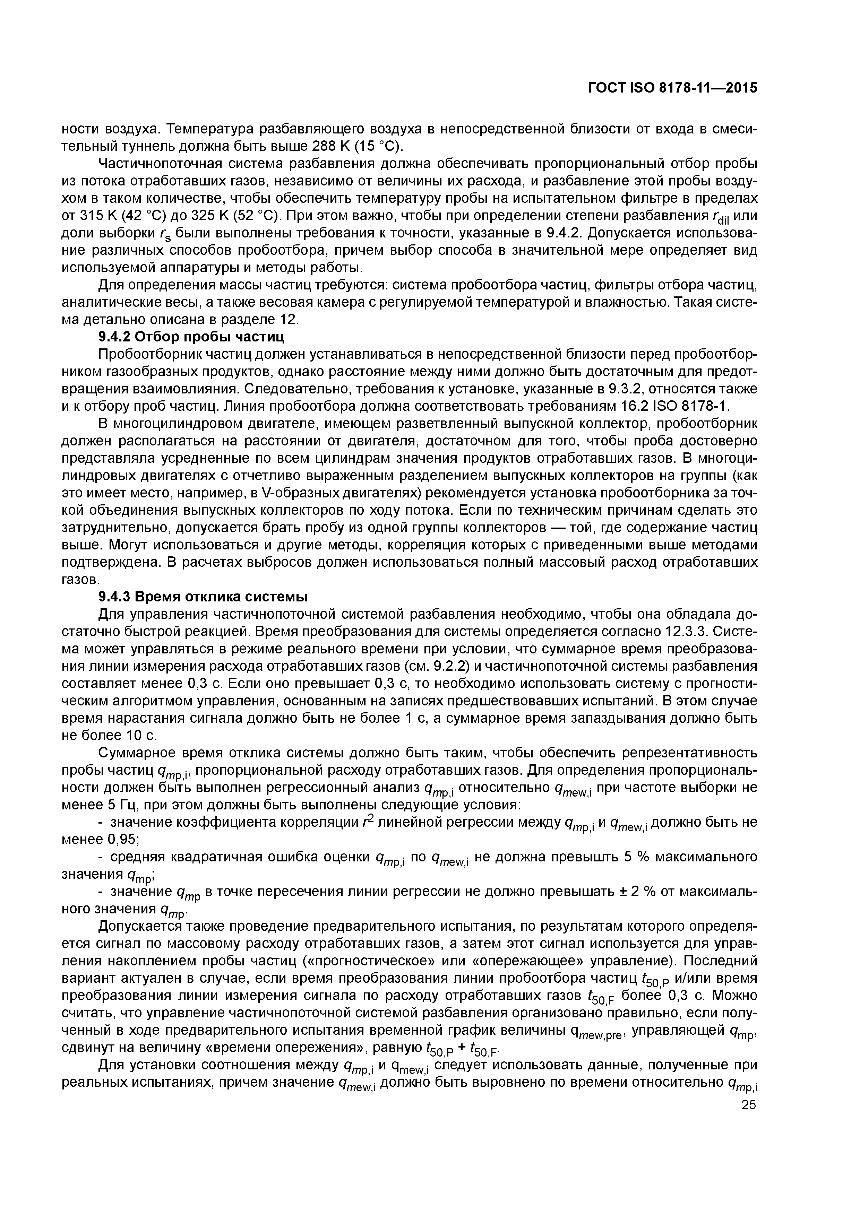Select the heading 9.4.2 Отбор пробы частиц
tap(192, 337)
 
